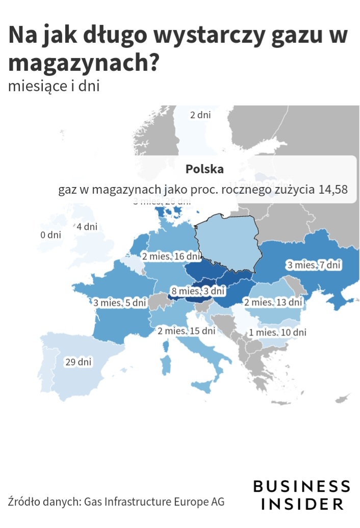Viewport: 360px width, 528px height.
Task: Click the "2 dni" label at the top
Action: click(200, 115)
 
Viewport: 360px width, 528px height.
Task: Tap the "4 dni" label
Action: click(87, 226)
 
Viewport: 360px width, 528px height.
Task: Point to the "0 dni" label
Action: click(50, 235)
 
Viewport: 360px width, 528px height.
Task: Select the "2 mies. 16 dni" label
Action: click(171, 256)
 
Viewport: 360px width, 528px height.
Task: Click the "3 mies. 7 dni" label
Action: click(314, 265)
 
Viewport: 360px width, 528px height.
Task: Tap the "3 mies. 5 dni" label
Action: click(119, 303)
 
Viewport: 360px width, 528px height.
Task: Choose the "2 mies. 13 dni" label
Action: click(273, 302)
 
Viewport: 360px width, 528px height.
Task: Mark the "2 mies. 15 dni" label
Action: click(187, 331)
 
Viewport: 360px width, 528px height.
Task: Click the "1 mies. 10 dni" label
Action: click(277, 332)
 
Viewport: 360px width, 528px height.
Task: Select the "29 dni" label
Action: click(79, 362)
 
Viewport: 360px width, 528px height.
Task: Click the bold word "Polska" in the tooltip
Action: click(204, 169)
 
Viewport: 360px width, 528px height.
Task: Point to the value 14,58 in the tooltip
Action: click(333, 190)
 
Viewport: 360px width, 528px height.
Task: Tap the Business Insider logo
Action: click(302, 494)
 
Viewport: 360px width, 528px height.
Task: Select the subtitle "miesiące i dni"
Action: click(54, 86)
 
